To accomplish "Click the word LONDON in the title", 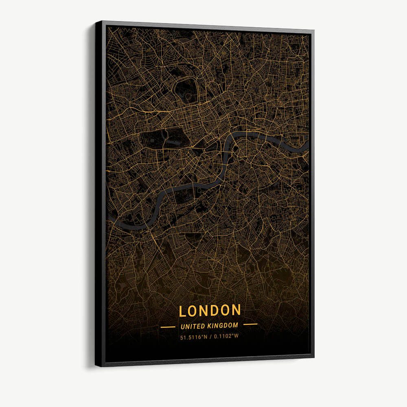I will (x=210, y=311).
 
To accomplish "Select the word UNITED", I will (x=193, y=326).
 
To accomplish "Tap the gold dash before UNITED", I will (x=168, y=326).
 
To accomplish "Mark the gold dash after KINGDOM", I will (x=250, y=324).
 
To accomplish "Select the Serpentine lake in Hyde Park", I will (x=166, y=135).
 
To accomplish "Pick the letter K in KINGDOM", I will (x=209, y=325).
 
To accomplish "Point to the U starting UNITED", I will (x=182, y=326).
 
